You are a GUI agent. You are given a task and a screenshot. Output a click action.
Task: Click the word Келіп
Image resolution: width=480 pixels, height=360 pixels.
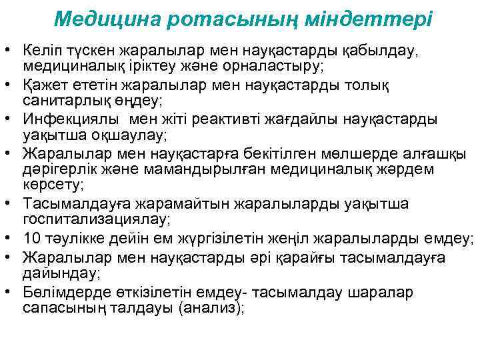point(41,51)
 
